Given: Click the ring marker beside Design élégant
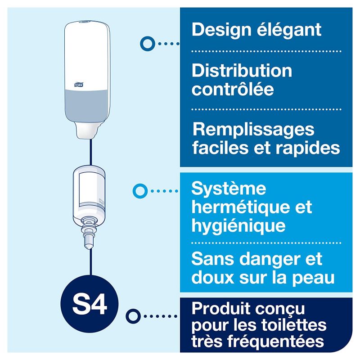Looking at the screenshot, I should [x=146, y=43].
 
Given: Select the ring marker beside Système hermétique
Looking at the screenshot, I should [x=140, y=191].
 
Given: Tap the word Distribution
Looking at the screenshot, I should [x=242, y=71].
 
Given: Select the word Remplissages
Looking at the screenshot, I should [x=253, y=130].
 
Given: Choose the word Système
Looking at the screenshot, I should [x=229, y=189].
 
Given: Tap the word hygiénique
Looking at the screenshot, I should [x=238, y=225].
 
